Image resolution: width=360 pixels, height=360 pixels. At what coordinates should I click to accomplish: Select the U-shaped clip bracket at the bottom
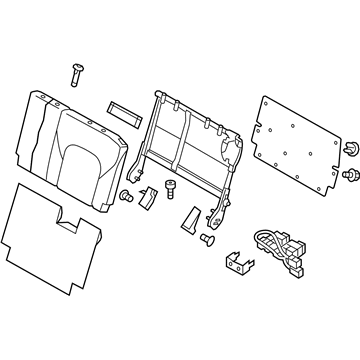(234, 264)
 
